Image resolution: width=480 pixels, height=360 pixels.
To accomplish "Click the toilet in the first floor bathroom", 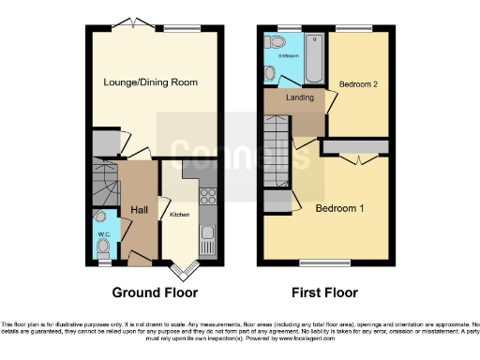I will tap(276, 42).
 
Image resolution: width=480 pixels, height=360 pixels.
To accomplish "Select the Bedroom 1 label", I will tap(338, 207).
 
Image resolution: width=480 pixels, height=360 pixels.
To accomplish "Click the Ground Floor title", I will tap(155, 292).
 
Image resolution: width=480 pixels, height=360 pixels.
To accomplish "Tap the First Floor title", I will tap(323, 292).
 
